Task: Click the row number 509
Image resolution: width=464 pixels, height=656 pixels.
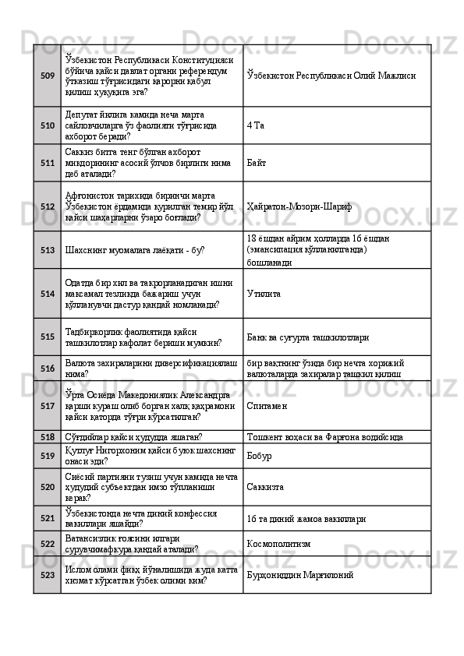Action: pos(47,76)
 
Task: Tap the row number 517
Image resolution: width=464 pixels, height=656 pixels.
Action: pos(47,406)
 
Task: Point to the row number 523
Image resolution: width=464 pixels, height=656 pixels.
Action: pos(47,575)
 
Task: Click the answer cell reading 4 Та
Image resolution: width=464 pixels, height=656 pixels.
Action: pos(254,125)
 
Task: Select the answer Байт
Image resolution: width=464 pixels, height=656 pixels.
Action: pos(257,164)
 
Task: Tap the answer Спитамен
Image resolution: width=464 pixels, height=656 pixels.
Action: pos(267,406)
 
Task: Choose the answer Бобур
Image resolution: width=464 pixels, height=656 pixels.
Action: pos(259,455)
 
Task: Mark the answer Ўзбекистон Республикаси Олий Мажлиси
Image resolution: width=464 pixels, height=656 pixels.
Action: pos(331,76)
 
